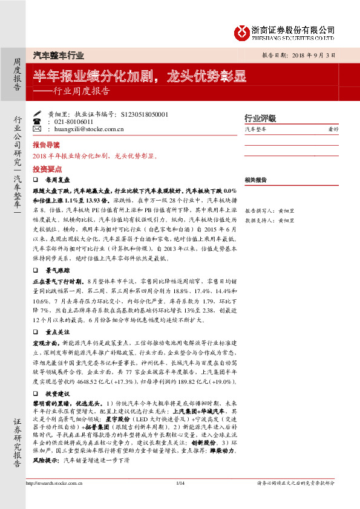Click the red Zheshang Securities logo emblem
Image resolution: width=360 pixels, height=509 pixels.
(243, 31)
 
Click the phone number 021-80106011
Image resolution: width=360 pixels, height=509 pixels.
(76, 122)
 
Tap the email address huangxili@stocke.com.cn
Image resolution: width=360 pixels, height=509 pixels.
(89, 129)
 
